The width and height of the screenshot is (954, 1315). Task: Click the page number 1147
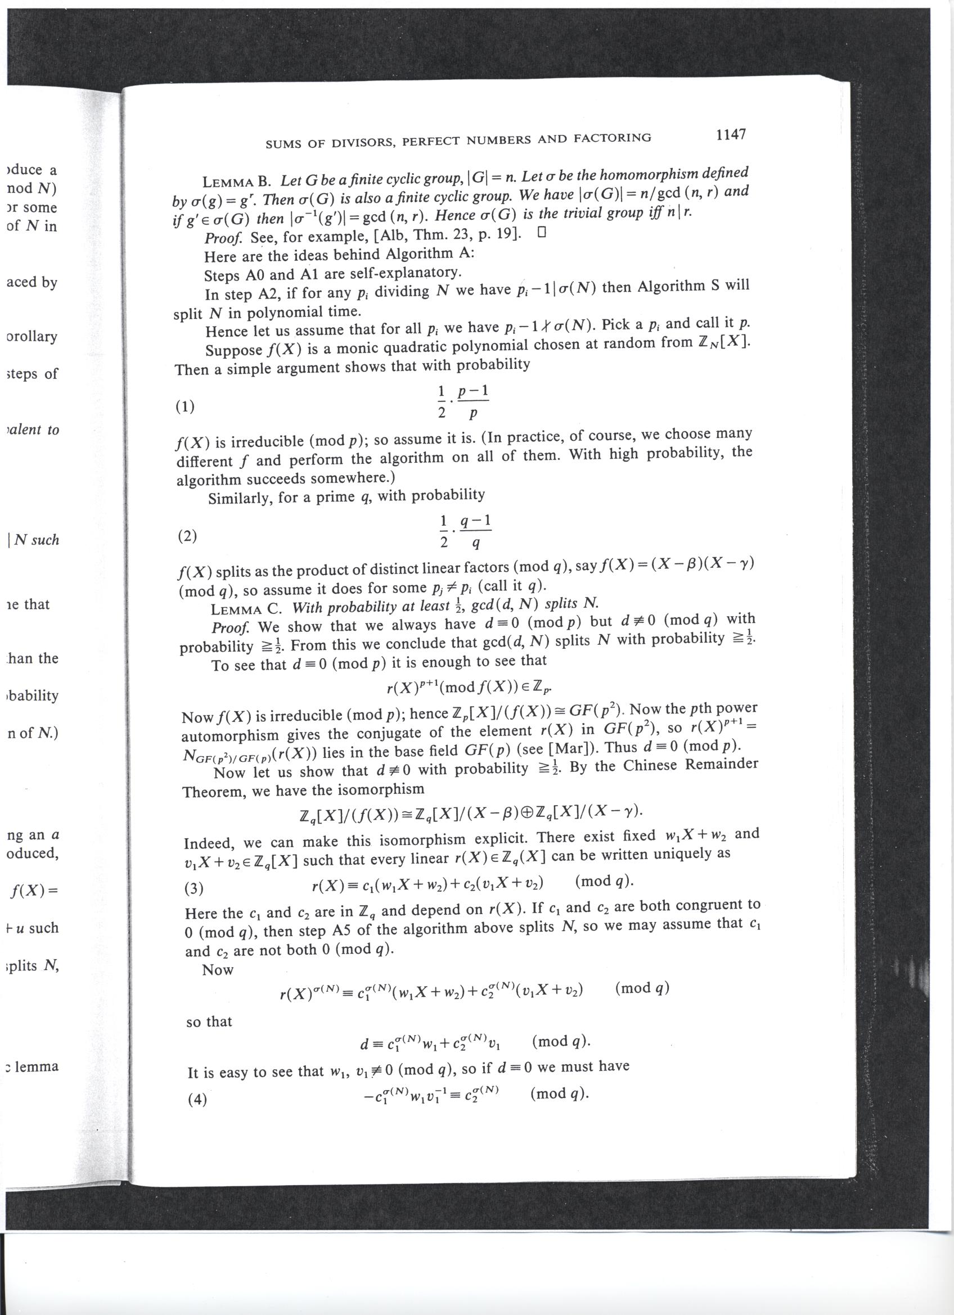pos(730,135)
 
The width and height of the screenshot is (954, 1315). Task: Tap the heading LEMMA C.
pos(246,609)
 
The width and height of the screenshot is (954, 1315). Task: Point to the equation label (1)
pos(184,407)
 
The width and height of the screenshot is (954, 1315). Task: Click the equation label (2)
pos(187,536)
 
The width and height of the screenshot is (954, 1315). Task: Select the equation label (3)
pos(193,888)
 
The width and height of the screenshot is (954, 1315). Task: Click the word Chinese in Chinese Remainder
pos(650,766)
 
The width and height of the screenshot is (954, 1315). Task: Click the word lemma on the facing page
pos(36,1067)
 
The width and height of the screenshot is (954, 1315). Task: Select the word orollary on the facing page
pos(32,337)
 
